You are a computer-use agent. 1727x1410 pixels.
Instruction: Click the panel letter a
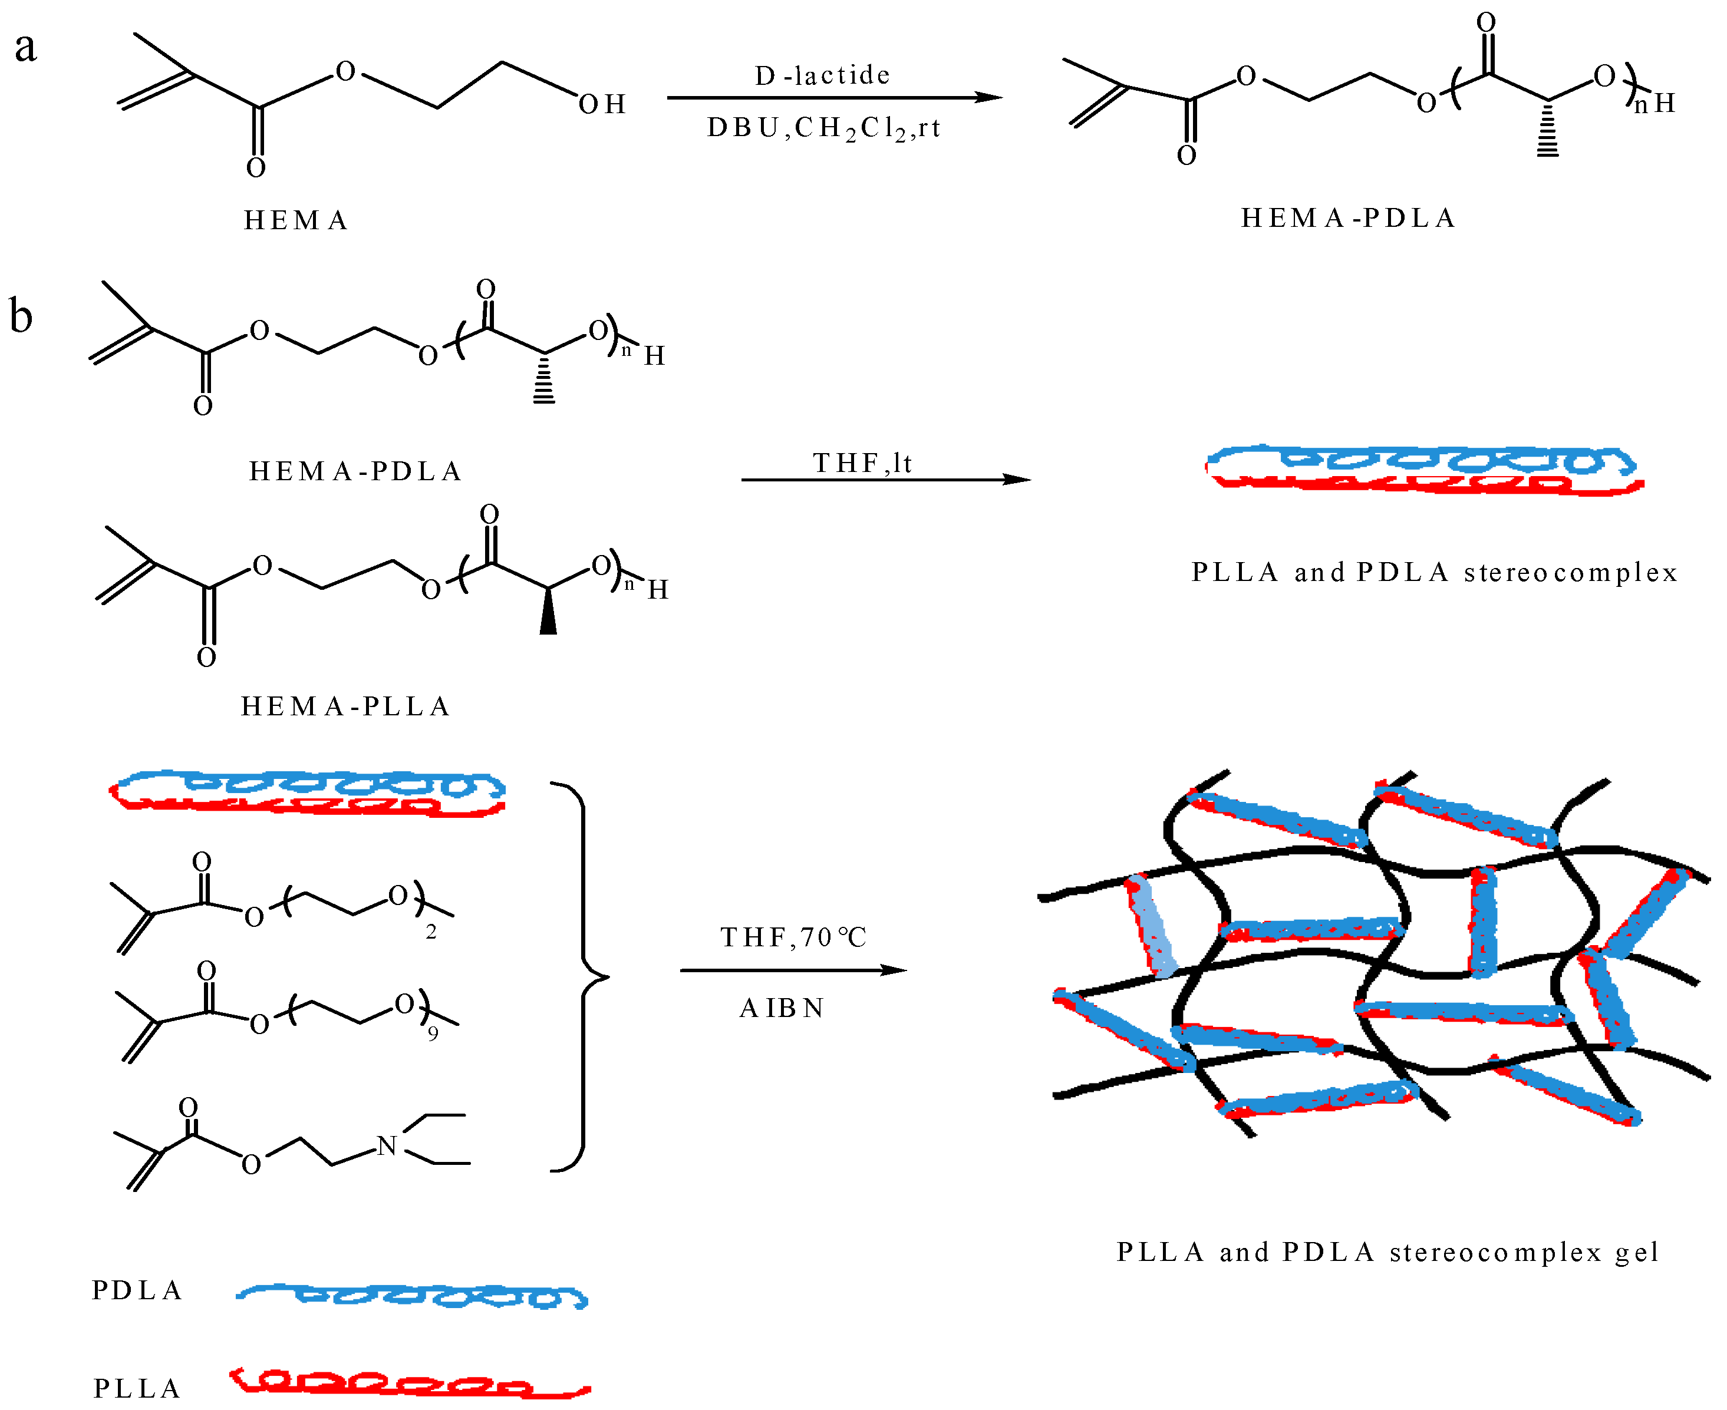point(26,47)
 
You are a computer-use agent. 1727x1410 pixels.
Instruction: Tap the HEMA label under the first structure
point(296,220)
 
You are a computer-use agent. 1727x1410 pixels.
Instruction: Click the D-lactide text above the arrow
point(822,75)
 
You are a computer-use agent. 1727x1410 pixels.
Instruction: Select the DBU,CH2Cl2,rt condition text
point(823,128)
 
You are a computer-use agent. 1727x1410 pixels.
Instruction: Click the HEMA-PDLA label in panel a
point(1347,217)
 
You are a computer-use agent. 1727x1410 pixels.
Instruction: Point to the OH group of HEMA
point(601,104)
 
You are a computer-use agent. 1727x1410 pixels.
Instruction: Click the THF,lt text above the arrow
point(863,463)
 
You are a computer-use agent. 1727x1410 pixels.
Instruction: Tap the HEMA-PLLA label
point(345,706)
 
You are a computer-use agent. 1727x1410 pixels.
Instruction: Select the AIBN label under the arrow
point(782,1008)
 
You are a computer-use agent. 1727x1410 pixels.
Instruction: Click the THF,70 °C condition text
point(793,937)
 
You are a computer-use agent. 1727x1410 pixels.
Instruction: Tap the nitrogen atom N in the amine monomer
point(387,1146)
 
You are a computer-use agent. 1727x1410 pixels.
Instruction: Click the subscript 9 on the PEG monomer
point(433,1034)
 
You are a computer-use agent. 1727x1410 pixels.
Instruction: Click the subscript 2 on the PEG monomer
point(430,932)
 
